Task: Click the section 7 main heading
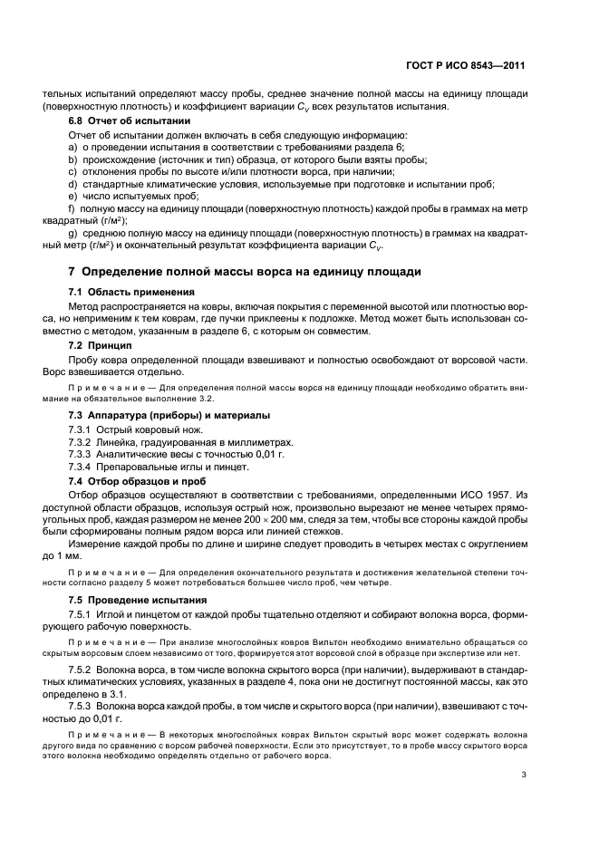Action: click(x=244, y=272)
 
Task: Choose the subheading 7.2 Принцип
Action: click(x=101, y=346)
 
